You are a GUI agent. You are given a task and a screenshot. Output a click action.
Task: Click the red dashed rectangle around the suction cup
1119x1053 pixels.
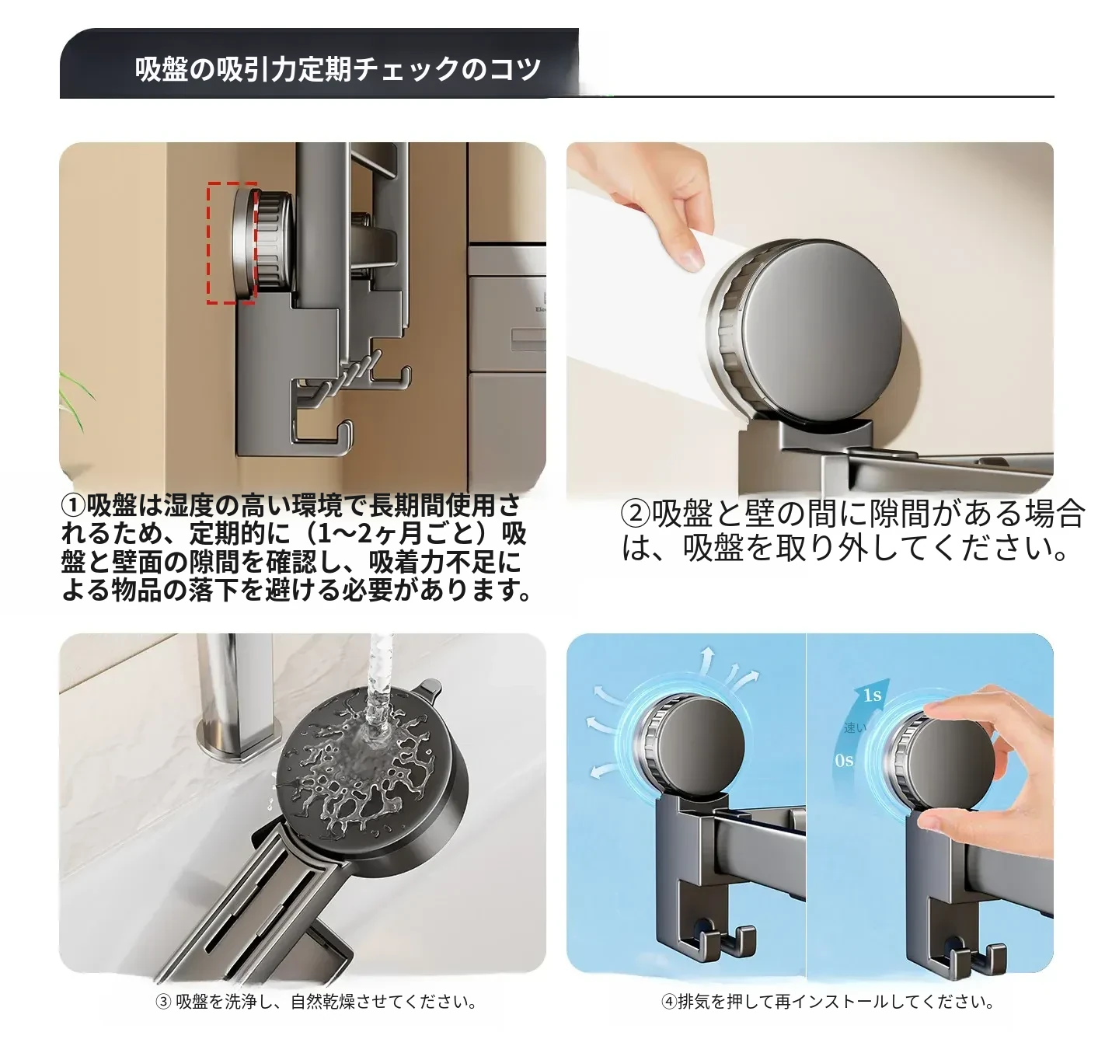click(208, 242)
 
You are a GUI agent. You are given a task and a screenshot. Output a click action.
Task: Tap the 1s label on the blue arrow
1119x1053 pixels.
click(872, 695)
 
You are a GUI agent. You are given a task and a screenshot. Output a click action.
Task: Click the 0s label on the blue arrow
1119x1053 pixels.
click(844, 761)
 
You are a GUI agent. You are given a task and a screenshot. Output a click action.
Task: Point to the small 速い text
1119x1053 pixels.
click(855, 727)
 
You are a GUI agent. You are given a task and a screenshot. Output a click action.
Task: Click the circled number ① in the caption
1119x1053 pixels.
click(73, 506)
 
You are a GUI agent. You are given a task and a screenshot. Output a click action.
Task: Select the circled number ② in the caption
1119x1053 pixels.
click(636, 514)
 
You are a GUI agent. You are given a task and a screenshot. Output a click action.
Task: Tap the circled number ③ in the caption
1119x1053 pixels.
click(163, 1001)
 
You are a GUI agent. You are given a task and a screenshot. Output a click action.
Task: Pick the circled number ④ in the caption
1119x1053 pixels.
click(669, 1001)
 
